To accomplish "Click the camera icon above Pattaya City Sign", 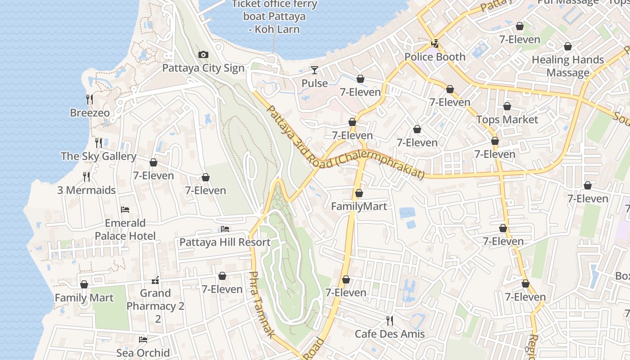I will pyautogui.click(x=203, y=55).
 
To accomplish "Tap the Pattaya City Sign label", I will pyautogui.click(x=203, y=68).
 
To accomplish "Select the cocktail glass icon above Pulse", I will pyautogui.click(x=315, y=70).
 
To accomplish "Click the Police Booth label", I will pyautogui.click(x=435, y=57).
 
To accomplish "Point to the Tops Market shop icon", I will pyautogui.click(x=507, y=106).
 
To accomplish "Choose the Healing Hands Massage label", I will pyautogui.click(x=568, y=66).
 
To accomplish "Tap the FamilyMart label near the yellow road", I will pyautogui.click(x=359, y=207).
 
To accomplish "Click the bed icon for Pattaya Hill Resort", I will pyautogui.click(x=225, y=229).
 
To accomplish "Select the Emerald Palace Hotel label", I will pyautogui.click(x=125, y=229).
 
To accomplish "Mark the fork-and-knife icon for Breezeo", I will pyautogui.click(x=90, y=99).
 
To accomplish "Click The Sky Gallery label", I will pyautogui.click(x=99, y=157).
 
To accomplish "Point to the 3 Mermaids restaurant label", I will pyautogui.click(x=86, y=190).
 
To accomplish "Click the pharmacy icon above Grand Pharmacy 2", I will pyautogui.click(x=156, y=280).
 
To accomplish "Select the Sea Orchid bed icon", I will pyautogui.click(x=143, y=340).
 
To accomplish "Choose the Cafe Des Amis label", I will pyautogui.click(x=390, y=334).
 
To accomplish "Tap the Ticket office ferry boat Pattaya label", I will pyautogui.click(x=274, y=17).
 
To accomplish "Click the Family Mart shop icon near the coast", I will pyautogui.click(x=84, y=284).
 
